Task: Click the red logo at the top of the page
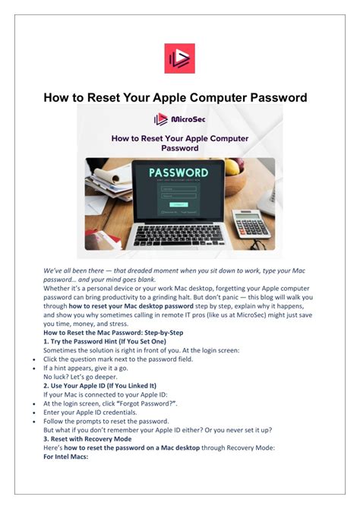(179, 58)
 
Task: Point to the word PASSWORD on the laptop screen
(179, 173)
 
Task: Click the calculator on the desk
(251, 223)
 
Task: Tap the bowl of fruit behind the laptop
(232, 166)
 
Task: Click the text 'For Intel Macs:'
(66, 457)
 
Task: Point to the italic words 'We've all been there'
(75, 270)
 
